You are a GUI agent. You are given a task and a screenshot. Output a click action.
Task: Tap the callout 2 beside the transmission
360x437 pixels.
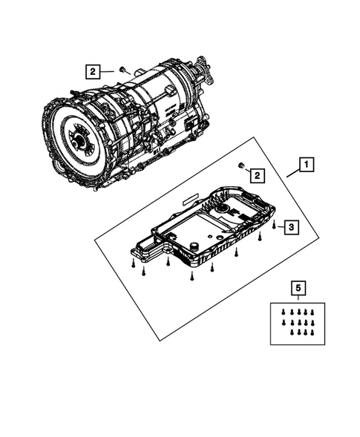92,72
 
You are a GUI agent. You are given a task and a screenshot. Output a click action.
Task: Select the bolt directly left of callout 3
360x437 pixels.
274,223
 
